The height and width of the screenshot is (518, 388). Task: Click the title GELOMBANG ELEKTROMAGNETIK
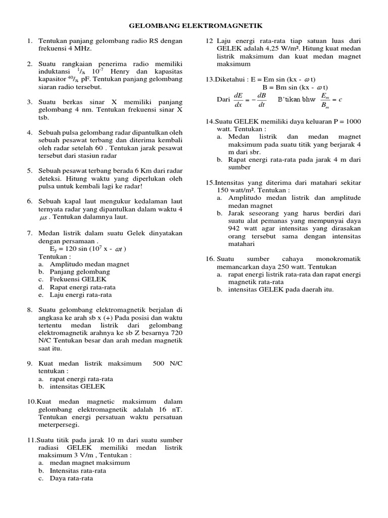pos(196,26)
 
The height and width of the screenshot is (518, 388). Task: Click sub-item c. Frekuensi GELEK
pos(78,279)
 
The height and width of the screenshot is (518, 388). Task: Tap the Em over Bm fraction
pos(327,100)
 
